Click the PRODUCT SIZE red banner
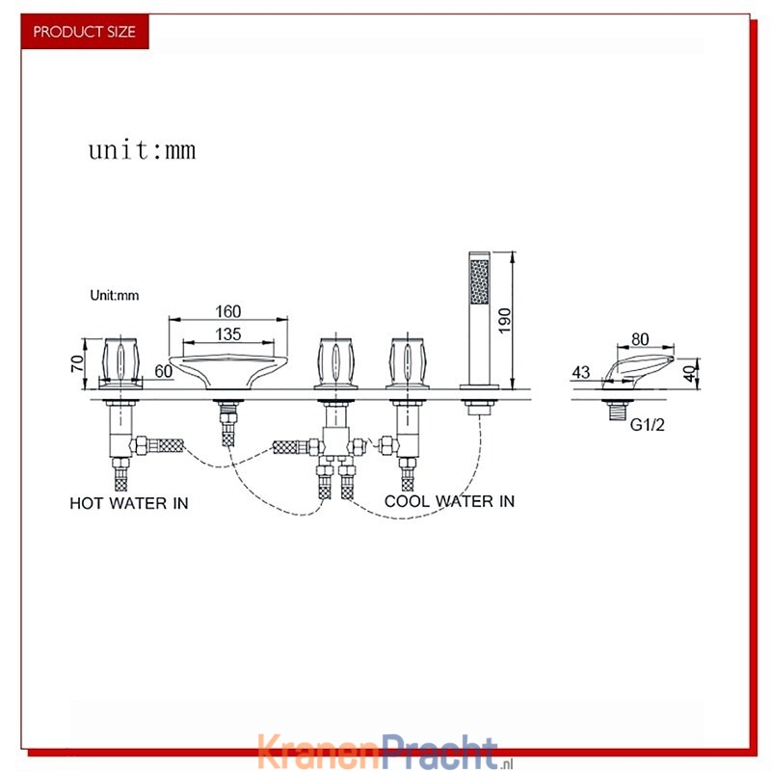click(x=85, y=32)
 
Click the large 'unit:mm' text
click(x=142, y=150)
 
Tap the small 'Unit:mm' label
click(x=114, y=295)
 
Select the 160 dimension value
click(x=228, y=311)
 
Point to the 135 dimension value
click(x=228, y=334)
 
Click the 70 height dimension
click(x=77, y=363)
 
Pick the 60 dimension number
click(x=163, y=371)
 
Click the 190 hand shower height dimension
click(x=504, y=321)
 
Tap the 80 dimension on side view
click(x=640, y=339)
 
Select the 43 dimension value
click(x=581, y=372)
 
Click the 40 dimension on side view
click(x=690, y=373)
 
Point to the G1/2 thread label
click(x=647, y=424)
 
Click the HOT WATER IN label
click(x=129, y=503)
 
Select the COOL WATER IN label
click(x=449, y=501)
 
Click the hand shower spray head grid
click(x=479, y=281)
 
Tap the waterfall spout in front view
click(x=228, y=371)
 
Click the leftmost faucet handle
click(x=120, y=361)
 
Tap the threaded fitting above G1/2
click(x=616, y=410)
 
